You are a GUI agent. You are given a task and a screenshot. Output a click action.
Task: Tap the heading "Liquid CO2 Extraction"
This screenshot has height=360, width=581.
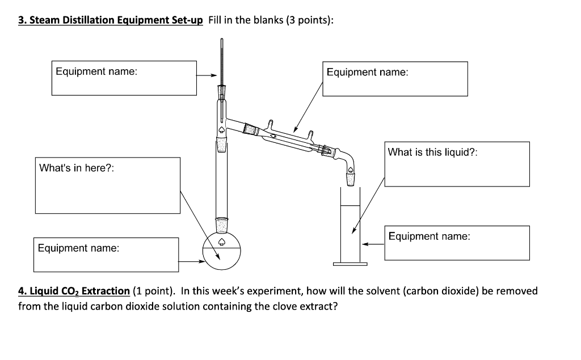74,291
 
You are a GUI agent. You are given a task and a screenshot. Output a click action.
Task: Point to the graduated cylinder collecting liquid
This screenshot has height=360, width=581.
351,227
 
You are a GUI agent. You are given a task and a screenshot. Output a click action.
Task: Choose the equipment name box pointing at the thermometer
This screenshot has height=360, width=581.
124,78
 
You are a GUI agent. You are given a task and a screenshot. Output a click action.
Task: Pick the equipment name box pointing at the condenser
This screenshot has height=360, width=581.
395,79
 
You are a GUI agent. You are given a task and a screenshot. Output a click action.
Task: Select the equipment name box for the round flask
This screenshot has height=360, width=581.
107,255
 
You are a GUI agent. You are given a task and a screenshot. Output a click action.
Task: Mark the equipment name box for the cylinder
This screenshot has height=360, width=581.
457,243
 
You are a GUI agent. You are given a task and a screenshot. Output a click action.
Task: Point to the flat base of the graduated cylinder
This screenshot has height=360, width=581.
351,264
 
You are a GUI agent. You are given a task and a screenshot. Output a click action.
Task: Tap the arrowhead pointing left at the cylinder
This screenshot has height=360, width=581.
367,244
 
